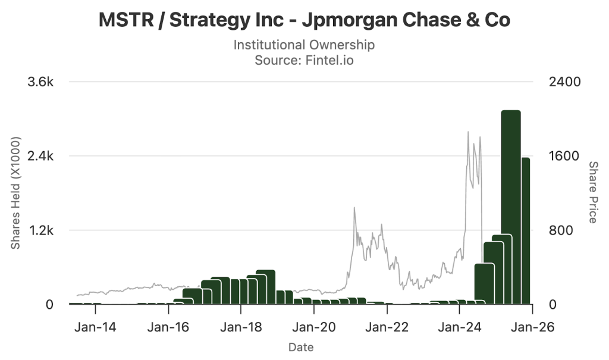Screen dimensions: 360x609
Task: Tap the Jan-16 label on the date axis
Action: [x=167, y=327]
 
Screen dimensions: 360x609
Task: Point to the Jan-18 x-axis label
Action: [x=240, y=327]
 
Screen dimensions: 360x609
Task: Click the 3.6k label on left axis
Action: [x=41, y=82]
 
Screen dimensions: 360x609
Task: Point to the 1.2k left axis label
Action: [x=41, y=230]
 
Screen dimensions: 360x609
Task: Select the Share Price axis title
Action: [x=592, y=192]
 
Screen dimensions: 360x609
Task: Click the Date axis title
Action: [x=300, y=347]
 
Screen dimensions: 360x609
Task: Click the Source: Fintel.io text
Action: [x=304, y=60]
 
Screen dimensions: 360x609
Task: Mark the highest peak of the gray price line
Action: [x=468, y=132]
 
